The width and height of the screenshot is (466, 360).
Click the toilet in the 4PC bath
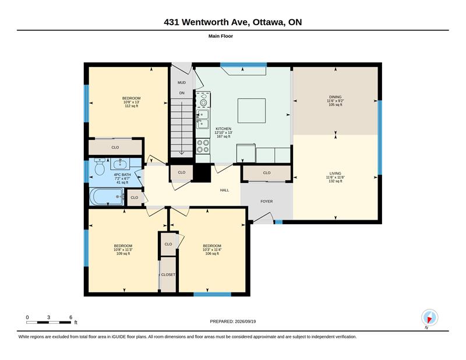pos(100,167)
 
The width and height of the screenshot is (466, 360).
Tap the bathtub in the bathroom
pos(107,196)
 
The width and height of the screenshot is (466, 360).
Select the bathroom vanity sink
pos(120,164)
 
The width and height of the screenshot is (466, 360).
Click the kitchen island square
pos(252,111)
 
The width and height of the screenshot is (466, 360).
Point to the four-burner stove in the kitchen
pos(203,146)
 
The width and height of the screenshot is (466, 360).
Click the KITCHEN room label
pos(224,129)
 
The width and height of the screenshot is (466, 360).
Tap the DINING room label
pos(336,97)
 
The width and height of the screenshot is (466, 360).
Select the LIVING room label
pos(336,174)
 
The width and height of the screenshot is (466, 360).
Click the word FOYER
pos(267,201)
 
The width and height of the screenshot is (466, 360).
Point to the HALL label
pos(224,190)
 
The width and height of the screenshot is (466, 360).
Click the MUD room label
pos(182,83)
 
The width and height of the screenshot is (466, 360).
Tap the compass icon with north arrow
pos(429,317)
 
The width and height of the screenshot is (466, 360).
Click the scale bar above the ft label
pos(49,322)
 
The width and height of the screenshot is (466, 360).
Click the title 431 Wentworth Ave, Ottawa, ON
pos(232,22)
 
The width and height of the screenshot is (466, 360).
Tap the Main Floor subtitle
pos(221,36)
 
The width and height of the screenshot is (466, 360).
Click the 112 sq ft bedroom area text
pos(132,106)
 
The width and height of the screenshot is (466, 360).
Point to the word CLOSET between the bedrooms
pos(168,275)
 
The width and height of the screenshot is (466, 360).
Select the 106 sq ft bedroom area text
pos(212,253)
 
